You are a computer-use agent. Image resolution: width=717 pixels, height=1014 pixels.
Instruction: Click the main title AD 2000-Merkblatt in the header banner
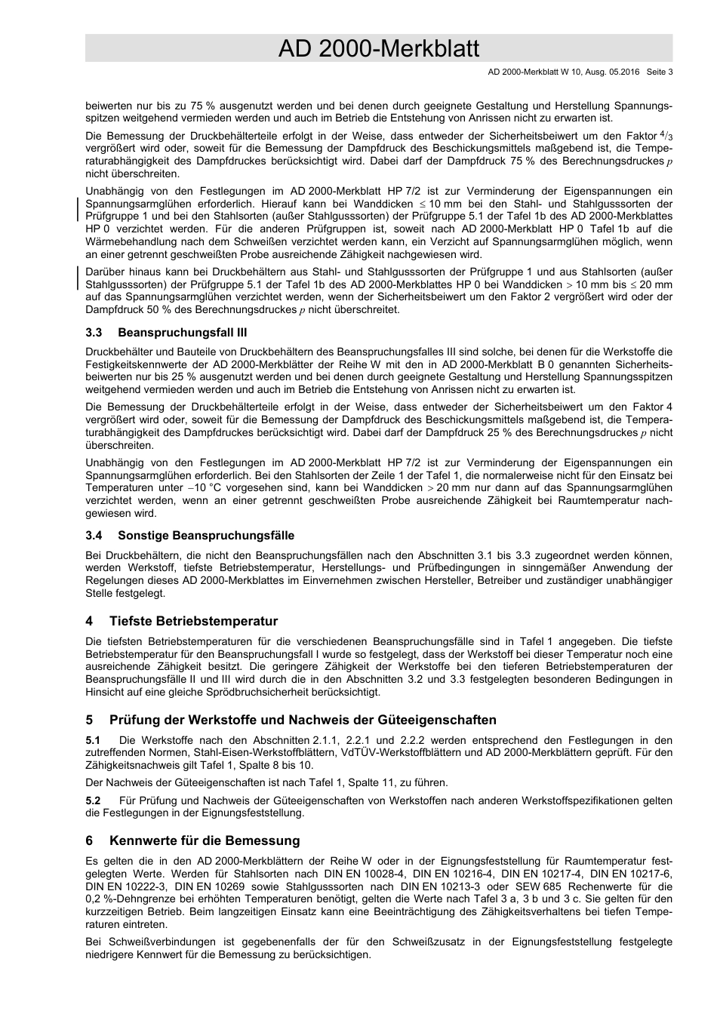pos(378,49)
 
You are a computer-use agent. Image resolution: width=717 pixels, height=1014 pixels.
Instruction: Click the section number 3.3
pos(94,333)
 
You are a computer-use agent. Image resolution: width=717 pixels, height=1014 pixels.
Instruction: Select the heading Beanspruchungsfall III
pos(183,333)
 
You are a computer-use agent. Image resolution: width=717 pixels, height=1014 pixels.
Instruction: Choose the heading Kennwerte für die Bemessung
pos(205,840)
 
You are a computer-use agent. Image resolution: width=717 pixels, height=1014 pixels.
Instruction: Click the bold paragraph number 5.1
pos(94,740)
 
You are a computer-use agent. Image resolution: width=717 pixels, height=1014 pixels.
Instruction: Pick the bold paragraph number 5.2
pos(94,800)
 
